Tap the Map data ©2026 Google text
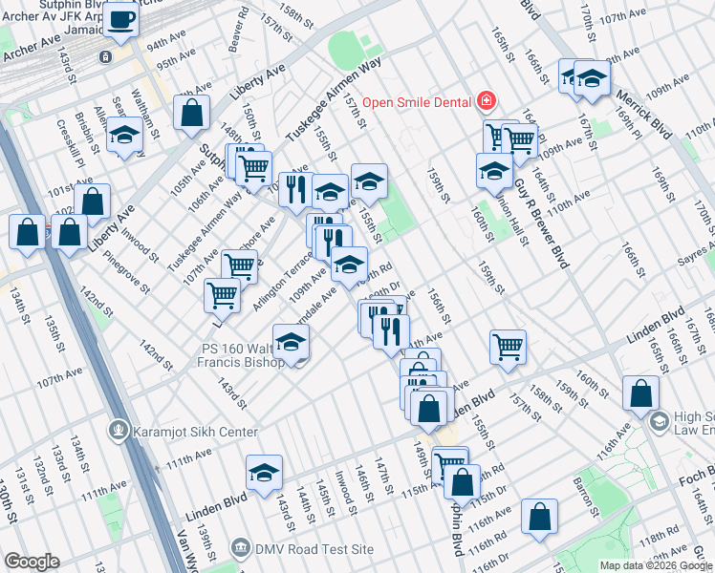pyautogui.click(x=655, y=565)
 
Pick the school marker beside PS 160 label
pyautogui.click(x=291, y=344)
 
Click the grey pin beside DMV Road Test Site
pyautogui.click(x=241, y=549)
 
